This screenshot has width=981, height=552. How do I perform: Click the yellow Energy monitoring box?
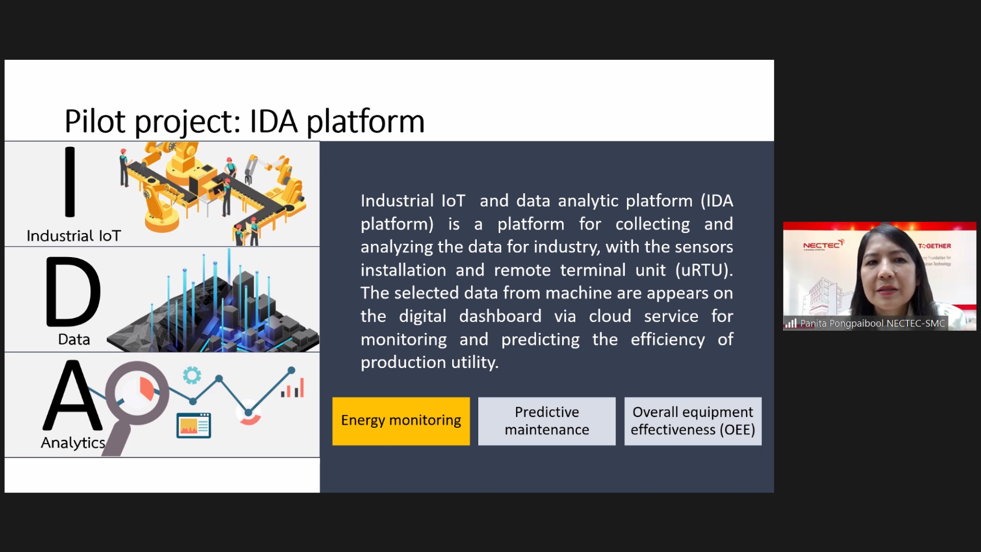pyautogui.click(x=401, y=421)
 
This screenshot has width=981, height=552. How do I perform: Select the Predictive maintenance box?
pyautogui.click(x=547, y=421)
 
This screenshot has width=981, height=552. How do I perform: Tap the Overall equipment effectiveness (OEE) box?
pyautogui.click(x=693, y=421)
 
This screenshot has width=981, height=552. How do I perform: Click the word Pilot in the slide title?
pyautogui.click(x=95, y=121)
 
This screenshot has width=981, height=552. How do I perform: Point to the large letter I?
pyautogui.click(x=70, y=182)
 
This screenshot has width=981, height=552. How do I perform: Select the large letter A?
pyautogui.click(x=73, y=395)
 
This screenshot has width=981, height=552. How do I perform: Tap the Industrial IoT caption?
pyautogui.click(x=74, y=236)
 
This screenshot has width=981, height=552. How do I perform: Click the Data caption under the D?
pyautogui.click(x=74, y=340)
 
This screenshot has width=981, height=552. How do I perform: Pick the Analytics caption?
pyautogui.click(x=73, y=443)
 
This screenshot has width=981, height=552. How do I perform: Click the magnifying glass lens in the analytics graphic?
pyautogui.click(x=137, y=393)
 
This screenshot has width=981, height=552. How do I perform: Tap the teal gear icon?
pyautogui.click(x=192, y=375)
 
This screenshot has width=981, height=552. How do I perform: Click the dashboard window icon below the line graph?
pyautogui.click(x=194, y=425)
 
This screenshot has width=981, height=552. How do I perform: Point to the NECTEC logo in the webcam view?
pyautogui.click(x=823, y=245)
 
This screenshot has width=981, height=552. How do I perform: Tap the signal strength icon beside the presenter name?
pyautogui.click(x=791, y=323)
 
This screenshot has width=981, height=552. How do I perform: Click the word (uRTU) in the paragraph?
pyautogui.click(x=704, y=270)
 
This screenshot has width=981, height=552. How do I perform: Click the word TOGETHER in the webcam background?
pyautogui.click(x=935, y=246)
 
